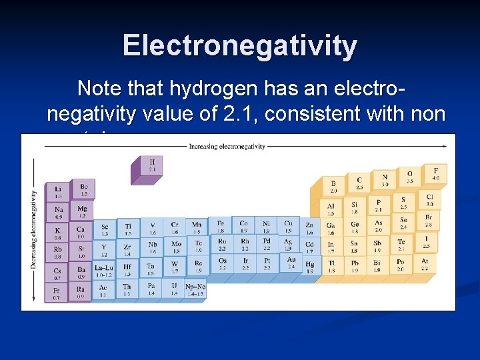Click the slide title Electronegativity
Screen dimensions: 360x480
[x=240, y=46]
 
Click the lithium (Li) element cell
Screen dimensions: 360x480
[x=58, y=192]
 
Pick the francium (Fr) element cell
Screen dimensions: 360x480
[x=57, y=293]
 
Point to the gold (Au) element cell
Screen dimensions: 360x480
[x=291, y=263]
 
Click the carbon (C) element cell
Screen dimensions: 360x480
[x=359, y=181]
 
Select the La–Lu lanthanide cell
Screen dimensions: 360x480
[x=104, y=271]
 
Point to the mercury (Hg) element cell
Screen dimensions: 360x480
[x=309, y=267]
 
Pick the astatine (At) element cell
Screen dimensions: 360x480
[x=425, y=265]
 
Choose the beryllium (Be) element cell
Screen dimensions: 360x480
[x=84, y=189]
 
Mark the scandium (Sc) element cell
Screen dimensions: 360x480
[x=105, y=229]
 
